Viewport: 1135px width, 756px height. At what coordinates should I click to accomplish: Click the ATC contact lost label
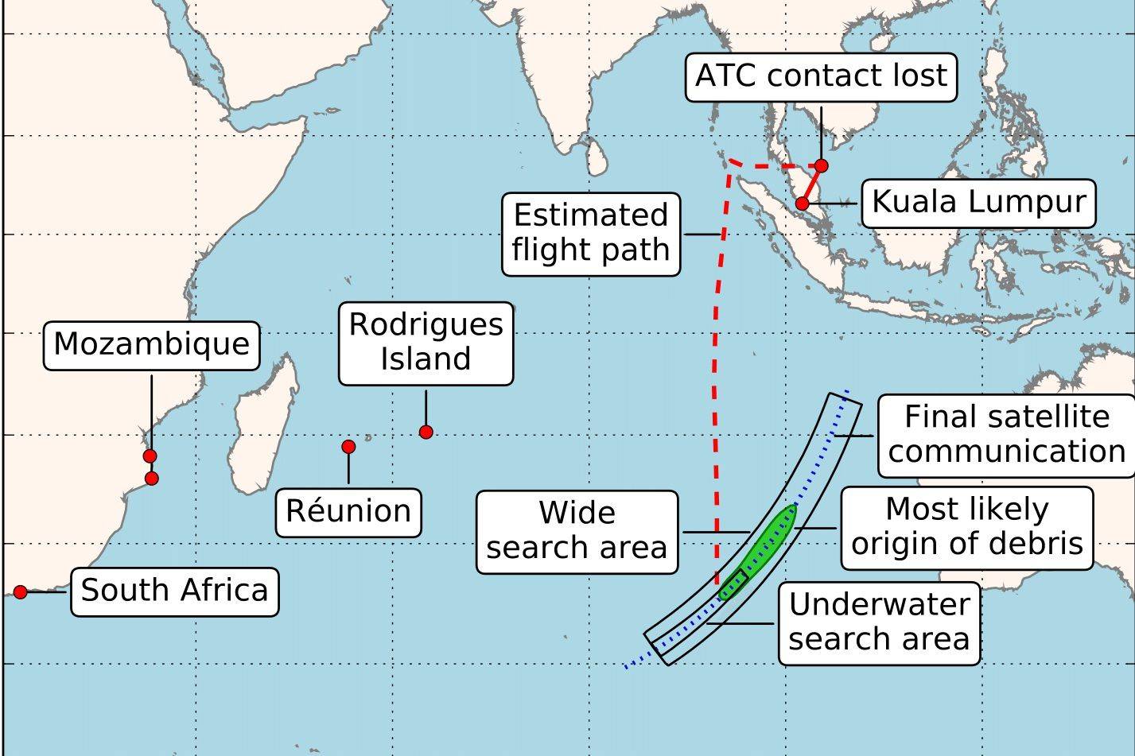(x=821, y=77)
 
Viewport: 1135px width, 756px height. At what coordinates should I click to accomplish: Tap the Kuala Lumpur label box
(x=978, y=203)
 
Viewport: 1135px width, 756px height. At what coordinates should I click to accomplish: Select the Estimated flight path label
(x=591, y=233)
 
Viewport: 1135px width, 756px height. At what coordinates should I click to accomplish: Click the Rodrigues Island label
(x=426, y=343)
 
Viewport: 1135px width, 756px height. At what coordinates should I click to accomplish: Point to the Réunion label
(x=348, y=512)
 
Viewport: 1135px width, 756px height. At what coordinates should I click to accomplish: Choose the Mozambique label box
(x=151, y=345)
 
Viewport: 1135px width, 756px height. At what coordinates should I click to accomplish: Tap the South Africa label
(x=174, y=591)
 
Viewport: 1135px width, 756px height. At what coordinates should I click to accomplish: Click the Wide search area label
(x=577, y=531)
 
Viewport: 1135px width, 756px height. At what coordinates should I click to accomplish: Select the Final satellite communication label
(x=1007, y=435)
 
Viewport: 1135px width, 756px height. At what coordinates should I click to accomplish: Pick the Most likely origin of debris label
(x=967, y=527)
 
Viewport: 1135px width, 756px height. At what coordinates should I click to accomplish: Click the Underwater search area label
(x=879, y=622)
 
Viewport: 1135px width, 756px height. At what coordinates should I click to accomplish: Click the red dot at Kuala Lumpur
(x=802, y=204)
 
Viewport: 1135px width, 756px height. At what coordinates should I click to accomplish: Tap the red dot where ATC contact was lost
(x=822, y=165)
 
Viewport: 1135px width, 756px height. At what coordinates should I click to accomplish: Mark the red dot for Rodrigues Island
(x=426, y=432)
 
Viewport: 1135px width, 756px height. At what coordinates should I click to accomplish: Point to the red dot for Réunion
(x=348, y=447)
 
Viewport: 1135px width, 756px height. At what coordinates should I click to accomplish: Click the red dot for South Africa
(x=21, y=592)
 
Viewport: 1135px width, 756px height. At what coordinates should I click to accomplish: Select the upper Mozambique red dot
(x=150, y=456)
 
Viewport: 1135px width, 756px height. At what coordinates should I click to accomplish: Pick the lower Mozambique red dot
(x=152, y=478)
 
